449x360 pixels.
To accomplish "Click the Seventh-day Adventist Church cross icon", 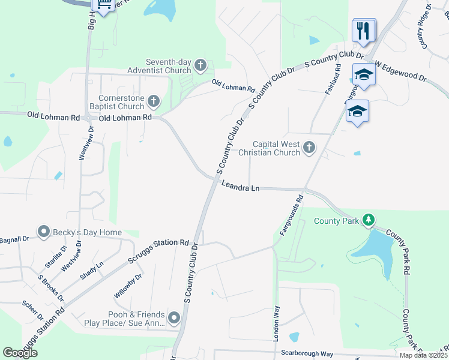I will click(200, 65).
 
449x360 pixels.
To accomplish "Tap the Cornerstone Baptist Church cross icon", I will click(154, 101).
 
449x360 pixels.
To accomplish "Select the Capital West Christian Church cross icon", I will click(309, 148).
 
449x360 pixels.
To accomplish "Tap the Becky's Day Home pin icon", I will click(43, 232).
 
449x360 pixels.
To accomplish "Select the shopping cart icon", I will click(104, 5).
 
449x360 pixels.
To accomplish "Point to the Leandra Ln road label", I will click(240, 188).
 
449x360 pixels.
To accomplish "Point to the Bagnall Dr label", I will click(14, 239).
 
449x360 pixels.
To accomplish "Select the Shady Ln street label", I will click(92, 271).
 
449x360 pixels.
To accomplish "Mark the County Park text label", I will click(336, 221).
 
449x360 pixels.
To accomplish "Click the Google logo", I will click(20, 353).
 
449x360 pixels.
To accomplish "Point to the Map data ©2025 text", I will click(424, 355).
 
